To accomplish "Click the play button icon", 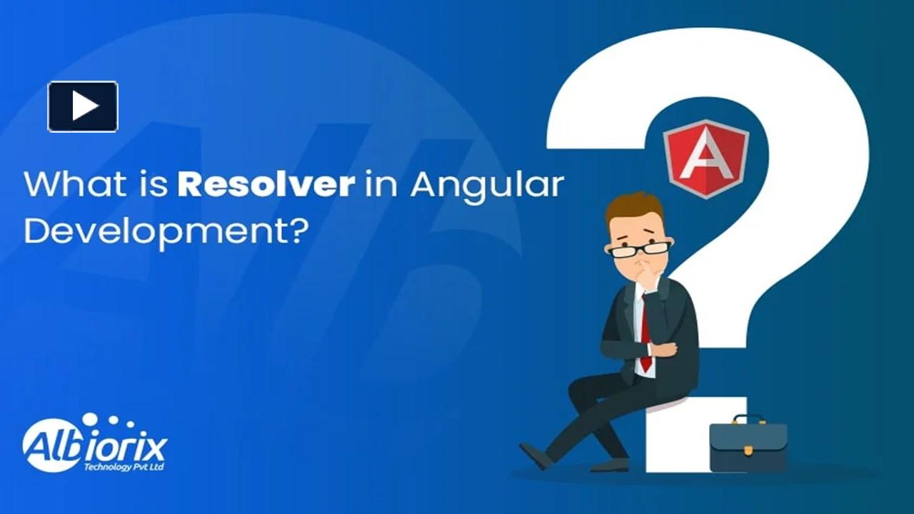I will coord(83,106).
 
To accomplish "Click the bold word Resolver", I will coord(266,183).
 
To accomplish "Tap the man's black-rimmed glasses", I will coord(640,248).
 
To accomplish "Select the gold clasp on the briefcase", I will coord(748,450).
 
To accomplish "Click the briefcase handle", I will coord(748,419).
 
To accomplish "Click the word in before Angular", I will coord(378,183).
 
